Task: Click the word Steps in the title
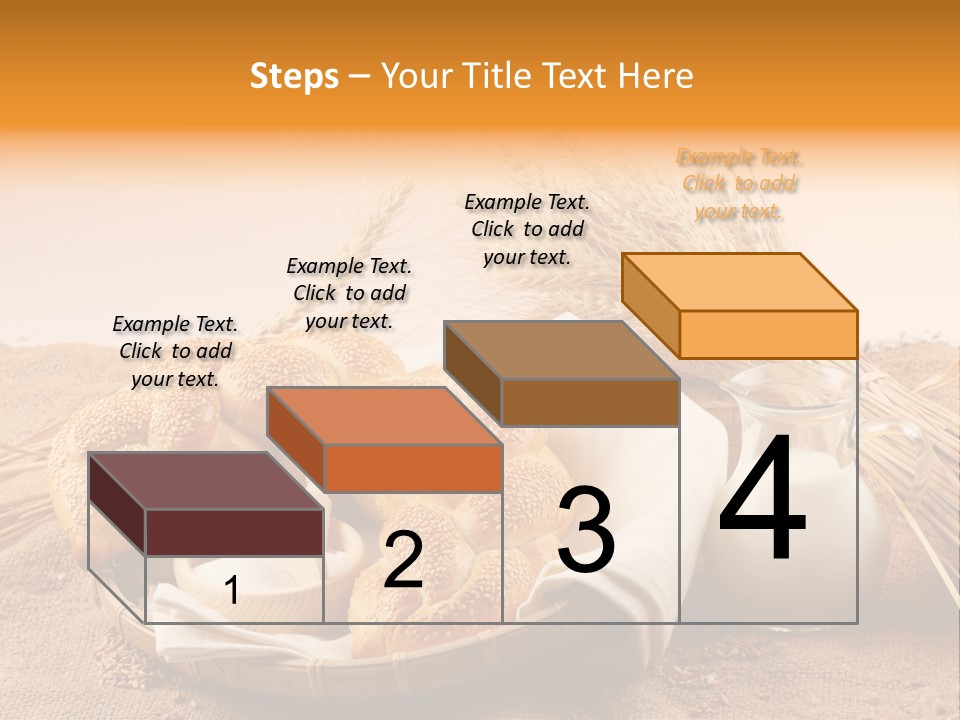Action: click(x=294, y=76)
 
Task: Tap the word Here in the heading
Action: click(x=655, y=76)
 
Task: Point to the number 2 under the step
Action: click(x=403, y=560)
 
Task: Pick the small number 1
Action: click(x=232, y=591)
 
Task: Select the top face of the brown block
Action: click(x=561, y=350)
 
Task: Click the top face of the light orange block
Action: click(x=739, y=281)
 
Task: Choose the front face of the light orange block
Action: click(x=768, y=334)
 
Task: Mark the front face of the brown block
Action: click(x=590, y=402)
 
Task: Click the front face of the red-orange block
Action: click(x=412, y=468)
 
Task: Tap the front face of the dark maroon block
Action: click(x=234, y=532)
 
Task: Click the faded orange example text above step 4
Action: click(x=740, y=185)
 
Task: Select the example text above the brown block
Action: click(x=527, y=229)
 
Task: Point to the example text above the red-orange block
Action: click(x=349, y=293)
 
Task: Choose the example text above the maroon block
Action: click(x=175, y=351)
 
